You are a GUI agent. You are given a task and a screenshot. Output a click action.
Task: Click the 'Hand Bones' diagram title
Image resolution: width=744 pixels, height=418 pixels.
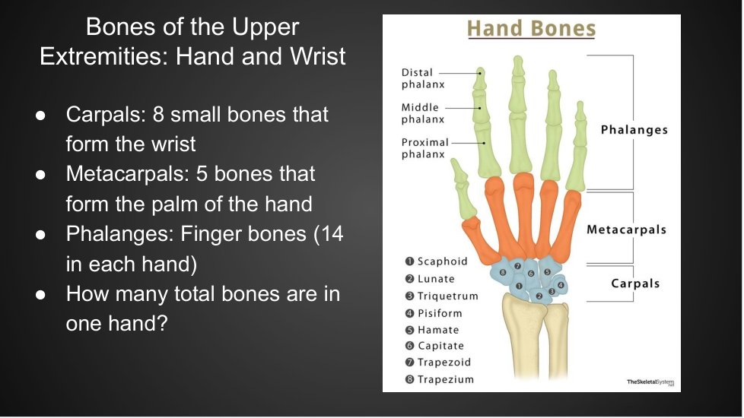click(x=532, y=28)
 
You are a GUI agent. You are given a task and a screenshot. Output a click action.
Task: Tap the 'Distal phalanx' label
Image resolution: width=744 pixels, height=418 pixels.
click(x=423, y=78)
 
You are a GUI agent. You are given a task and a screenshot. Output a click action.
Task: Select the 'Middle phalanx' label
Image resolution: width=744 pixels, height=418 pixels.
click(x=423, y=113)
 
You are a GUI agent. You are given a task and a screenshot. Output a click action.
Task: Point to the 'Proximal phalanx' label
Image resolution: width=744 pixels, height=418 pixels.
click(x=424, y=148)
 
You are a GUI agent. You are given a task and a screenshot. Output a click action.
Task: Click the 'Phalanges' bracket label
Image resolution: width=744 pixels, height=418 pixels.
click(x=634, y=130)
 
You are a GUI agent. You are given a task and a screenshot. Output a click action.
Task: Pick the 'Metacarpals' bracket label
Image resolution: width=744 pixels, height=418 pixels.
click(x=626, y=230)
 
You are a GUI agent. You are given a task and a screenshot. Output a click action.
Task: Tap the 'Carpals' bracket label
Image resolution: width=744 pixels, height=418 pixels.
click(x=635, y=283)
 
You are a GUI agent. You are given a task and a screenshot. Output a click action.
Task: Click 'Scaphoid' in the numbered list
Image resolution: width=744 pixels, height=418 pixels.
click(x=442, y=261)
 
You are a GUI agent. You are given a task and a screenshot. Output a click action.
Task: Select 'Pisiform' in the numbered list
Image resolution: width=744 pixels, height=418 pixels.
click(x=440, y=313)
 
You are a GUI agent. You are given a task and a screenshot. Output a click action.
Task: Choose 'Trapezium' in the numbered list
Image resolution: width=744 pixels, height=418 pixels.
click(x=446, y=379)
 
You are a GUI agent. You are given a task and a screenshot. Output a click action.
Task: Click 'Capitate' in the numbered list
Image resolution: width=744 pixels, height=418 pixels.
click(x=440, y=346)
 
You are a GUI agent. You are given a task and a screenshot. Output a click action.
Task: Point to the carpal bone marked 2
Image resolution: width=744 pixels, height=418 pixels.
click(x=539, y=296)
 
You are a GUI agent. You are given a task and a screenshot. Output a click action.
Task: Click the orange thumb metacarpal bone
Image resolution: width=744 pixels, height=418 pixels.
click(x=480, y=240)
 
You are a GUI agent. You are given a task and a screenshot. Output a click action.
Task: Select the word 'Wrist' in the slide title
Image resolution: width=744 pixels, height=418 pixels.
click(x=317, y=56)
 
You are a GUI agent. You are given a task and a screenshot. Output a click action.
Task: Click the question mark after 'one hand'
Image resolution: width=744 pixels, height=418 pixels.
click(x=162, y=323)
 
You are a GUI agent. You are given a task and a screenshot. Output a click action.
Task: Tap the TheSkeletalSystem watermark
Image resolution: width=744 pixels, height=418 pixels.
click(x=650, y=382)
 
